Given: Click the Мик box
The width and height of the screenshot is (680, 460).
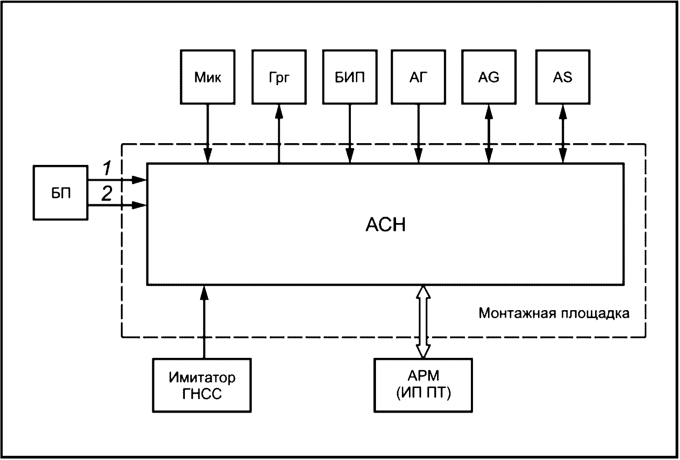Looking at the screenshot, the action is [208, 77].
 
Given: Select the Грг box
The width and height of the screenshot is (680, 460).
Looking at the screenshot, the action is [279, 77].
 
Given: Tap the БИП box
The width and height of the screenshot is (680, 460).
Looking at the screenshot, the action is [350, 77].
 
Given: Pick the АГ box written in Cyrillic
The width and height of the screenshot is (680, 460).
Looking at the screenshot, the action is [419, 77].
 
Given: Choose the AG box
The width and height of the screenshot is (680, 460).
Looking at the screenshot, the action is [489, 77].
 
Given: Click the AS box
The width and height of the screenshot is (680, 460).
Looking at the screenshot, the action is [563, 77].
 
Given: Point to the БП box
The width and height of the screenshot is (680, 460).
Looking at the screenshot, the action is [60, 193].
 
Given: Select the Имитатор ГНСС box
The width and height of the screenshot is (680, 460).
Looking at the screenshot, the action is [202, 385].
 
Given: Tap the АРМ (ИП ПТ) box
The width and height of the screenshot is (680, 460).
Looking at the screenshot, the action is [423, 385].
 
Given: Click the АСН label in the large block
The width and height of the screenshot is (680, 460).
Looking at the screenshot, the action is [386, 224].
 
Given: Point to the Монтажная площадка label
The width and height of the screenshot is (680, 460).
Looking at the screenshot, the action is [554, 313].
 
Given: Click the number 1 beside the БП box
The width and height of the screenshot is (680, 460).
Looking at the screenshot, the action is [107, 168].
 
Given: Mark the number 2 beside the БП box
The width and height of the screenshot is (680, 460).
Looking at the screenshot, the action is [107, 193].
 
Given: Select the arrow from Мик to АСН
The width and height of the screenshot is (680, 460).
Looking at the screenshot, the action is [208, 134].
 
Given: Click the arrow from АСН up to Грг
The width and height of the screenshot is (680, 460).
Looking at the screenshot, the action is [279, 134].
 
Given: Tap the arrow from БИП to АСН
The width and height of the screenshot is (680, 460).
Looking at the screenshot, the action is [350, 134].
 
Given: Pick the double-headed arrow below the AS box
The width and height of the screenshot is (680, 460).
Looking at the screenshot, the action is [563, 134].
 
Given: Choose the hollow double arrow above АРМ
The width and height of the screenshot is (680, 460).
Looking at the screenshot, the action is [423, 322].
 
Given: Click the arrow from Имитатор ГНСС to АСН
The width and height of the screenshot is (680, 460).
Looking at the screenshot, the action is [204, 322].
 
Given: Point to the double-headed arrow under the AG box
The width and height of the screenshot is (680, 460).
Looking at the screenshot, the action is [489, 134].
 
